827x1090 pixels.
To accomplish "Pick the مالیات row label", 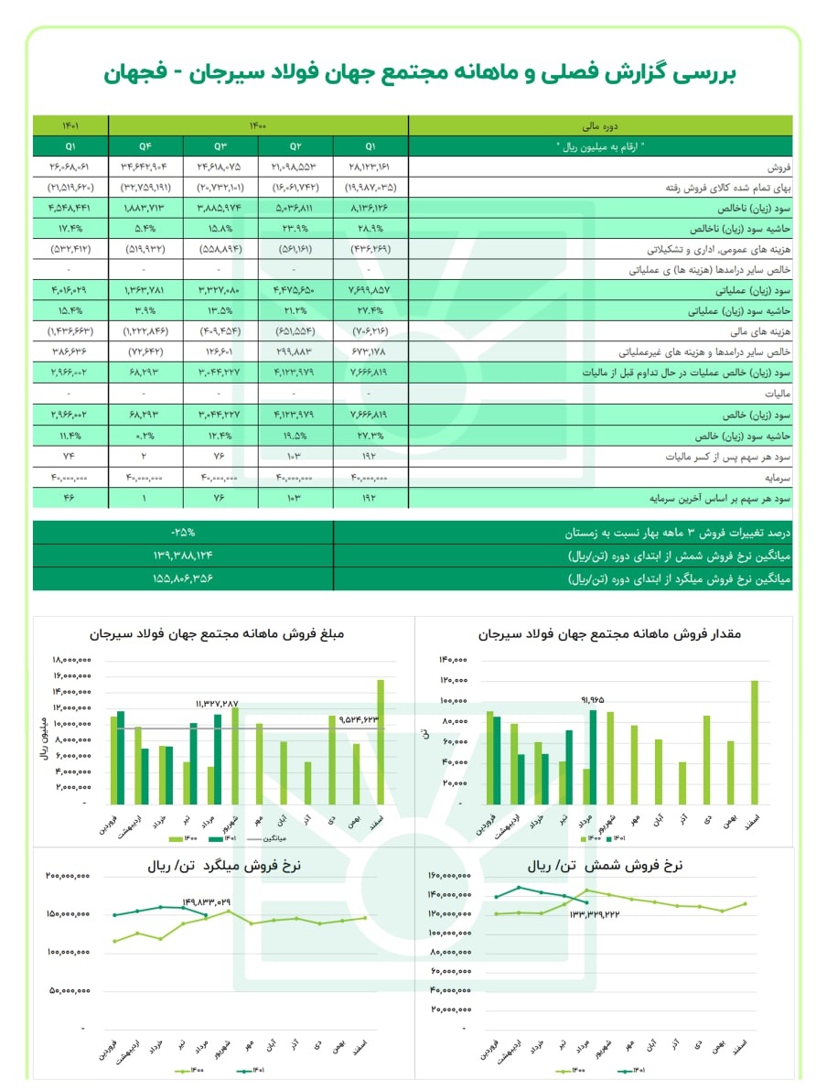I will coord(776,394).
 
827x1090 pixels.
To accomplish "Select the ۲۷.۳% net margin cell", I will coord(371,435).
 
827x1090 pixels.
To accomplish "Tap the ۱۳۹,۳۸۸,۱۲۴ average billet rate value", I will coord(183,556).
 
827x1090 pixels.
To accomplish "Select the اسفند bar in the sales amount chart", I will coord(380,741).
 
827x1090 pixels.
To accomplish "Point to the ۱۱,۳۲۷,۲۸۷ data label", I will coord(217,704).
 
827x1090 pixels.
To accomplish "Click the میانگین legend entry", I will coord(273,837).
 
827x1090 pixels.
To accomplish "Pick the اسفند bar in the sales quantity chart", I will coord(755,742).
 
